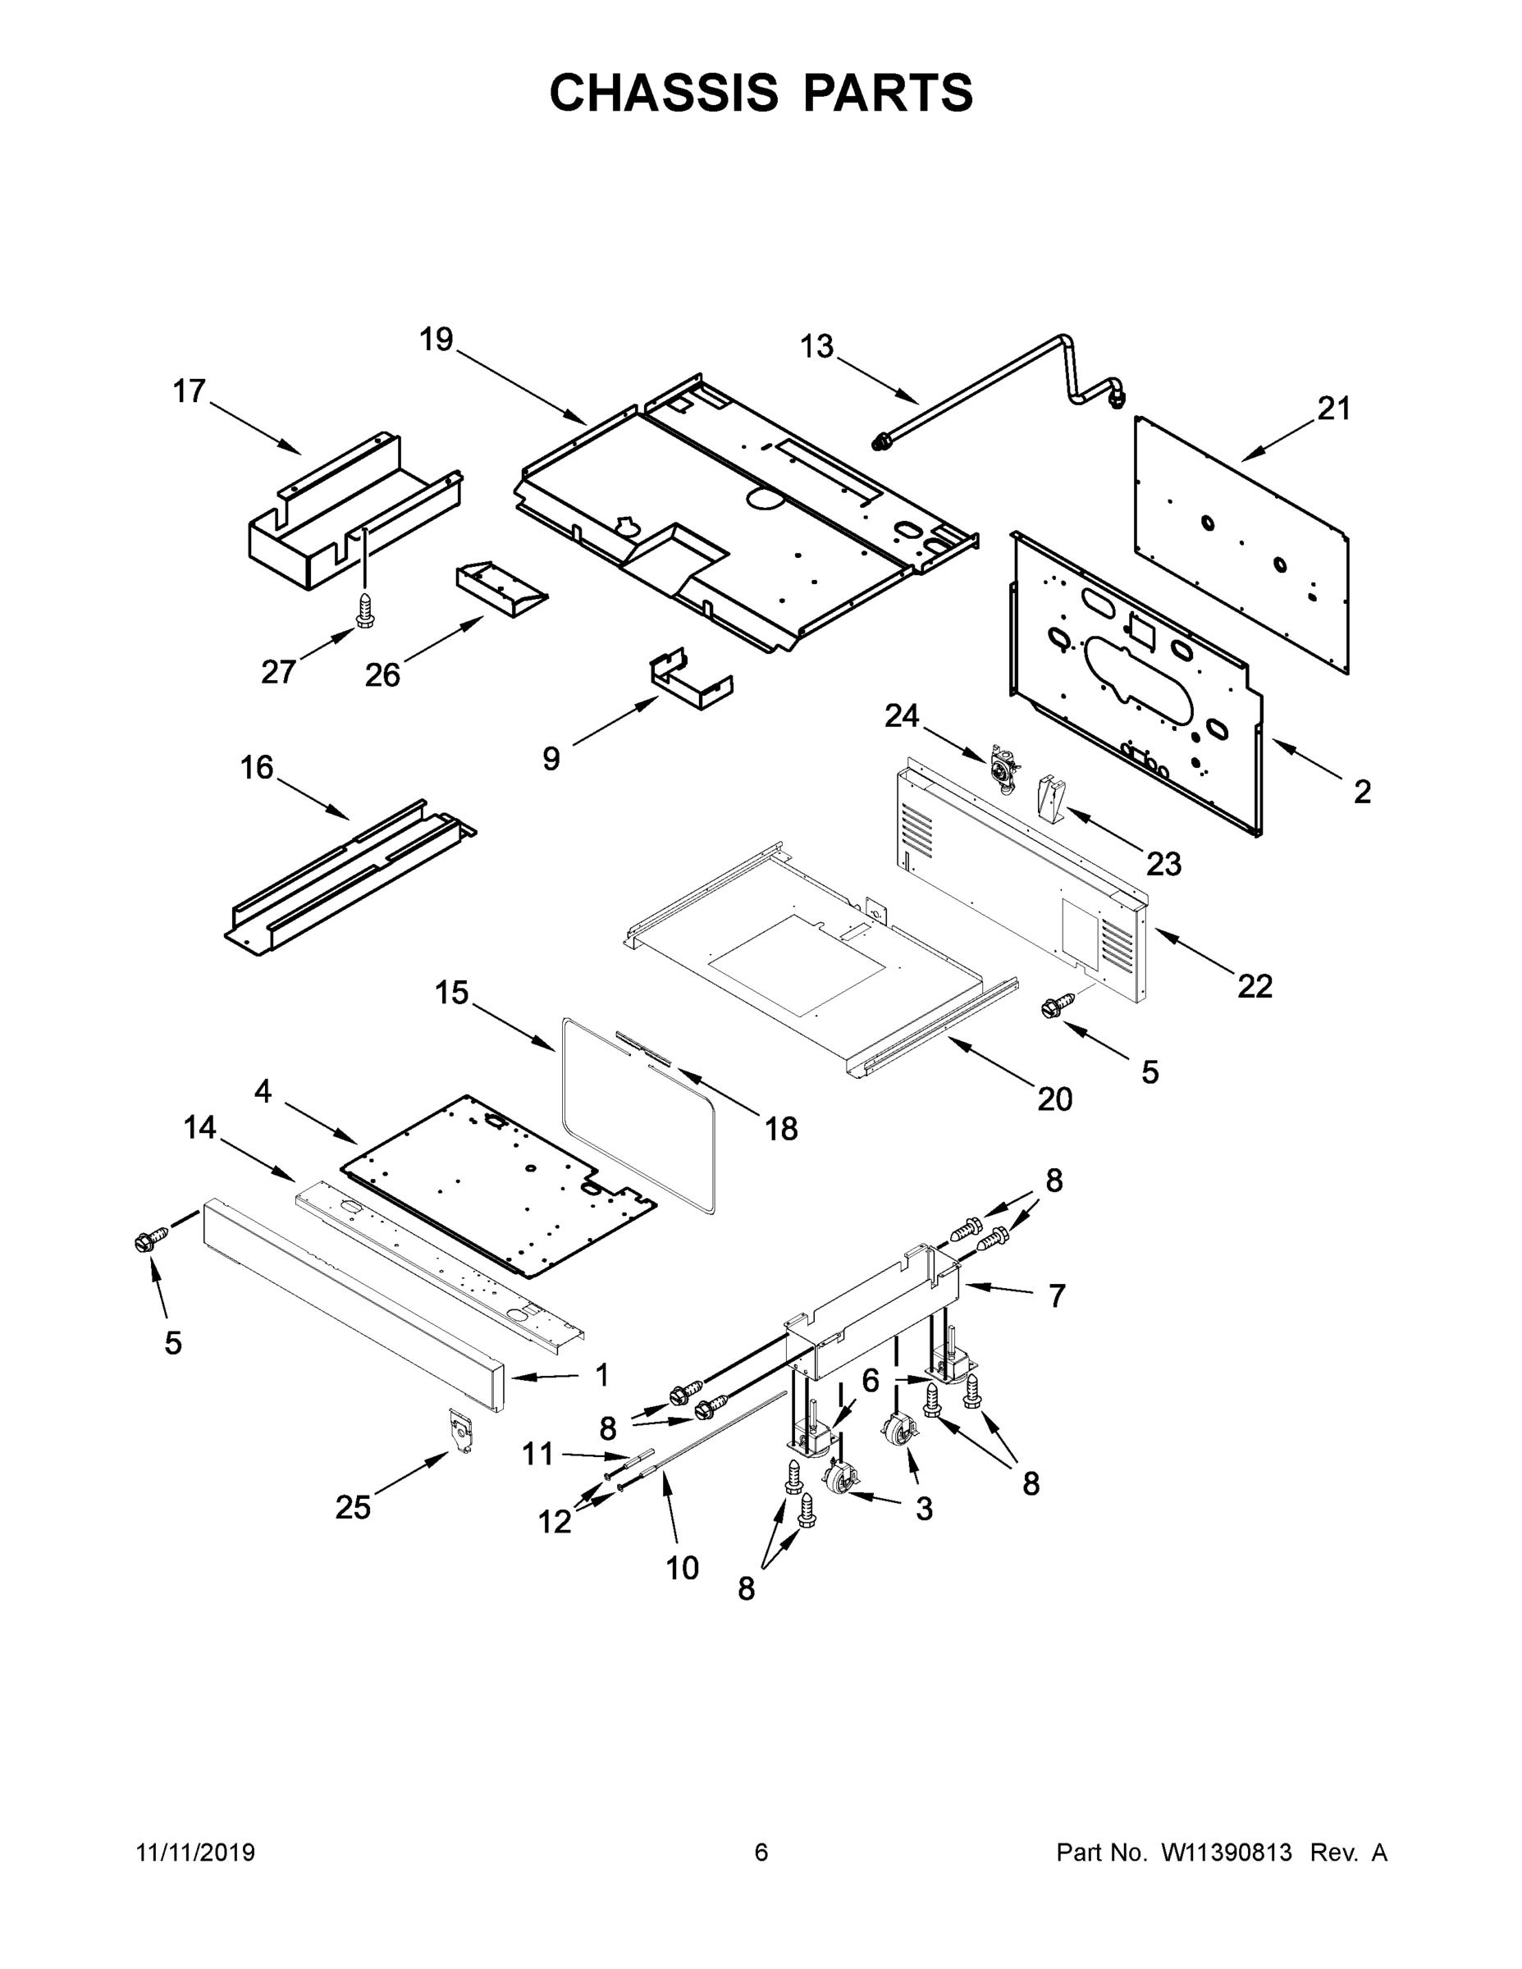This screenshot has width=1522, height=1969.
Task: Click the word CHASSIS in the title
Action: tap(664, 93)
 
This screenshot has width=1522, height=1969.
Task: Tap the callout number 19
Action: tap(436, 340)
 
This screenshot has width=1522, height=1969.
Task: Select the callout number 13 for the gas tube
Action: tap(817, 347)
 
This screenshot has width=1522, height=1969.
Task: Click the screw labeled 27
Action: tap(364, 611)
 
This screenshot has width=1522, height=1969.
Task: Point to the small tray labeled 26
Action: tap(501, 591)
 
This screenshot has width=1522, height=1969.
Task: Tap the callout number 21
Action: tap(1333, 409)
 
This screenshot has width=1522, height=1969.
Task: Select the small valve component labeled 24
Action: tap(1003, 768)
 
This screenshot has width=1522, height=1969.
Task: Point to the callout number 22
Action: tap(1255, 986)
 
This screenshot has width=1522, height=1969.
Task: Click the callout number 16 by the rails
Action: tap(257, 768)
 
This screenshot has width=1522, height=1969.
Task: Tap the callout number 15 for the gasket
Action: tap(452, 994)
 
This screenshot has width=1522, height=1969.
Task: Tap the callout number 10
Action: tap(683, 1569)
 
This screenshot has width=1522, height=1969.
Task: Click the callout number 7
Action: tap(1057, 1296)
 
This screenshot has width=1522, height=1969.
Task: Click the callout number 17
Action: tap(190, 392)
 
